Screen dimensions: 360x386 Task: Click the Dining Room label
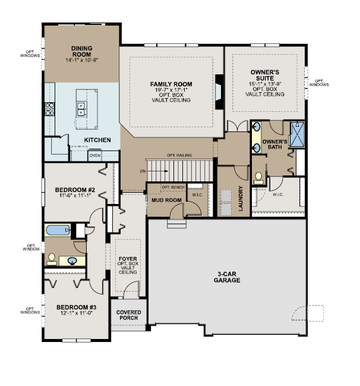click(x=81, y=51)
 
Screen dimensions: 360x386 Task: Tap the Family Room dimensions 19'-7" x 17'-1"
click(x=171, y=90)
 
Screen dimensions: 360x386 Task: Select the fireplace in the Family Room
click(x=219, y=92)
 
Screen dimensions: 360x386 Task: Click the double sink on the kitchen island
click(x=81, y=109)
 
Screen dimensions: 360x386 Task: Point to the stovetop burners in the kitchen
click(x=49, y=109)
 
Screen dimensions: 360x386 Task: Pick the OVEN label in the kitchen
click(x=94, y=156)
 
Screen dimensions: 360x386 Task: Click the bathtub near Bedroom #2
click(x=58, y=230)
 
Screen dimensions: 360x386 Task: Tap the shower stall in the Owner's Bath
click(x=297, y=134)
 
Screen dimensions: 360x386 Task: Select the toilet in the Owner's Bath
click(x=258, y=178)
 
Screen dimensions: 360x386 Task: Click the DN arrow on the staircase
click(x=157, y=171)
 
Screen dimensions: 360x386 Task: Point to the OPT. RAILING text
click(x=179, y=155)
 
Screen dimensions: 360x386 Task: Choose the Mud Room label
click(x=166, y=200)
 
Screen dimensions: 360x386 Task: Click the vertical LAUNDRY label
click(x=241, y=198)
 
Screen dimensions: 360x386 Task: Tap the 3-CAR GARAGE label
click(x=227, y=277)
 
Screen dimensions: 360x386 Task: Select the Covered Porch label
click(x=128, y=315)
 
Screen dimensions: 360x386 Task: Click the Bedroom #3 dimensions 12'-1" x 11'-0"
click(x=76, y=313)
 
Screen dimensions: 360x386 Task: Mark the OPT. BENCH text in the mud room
click(x=173, y=187)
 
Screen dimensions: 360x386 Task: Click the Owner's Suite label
click(x=265, y=75)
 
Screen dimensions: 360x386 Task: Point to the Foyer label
click(x=128, y=259)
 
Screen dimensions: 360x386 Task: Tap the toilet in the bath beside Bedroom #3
click(x=52, y=259)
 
